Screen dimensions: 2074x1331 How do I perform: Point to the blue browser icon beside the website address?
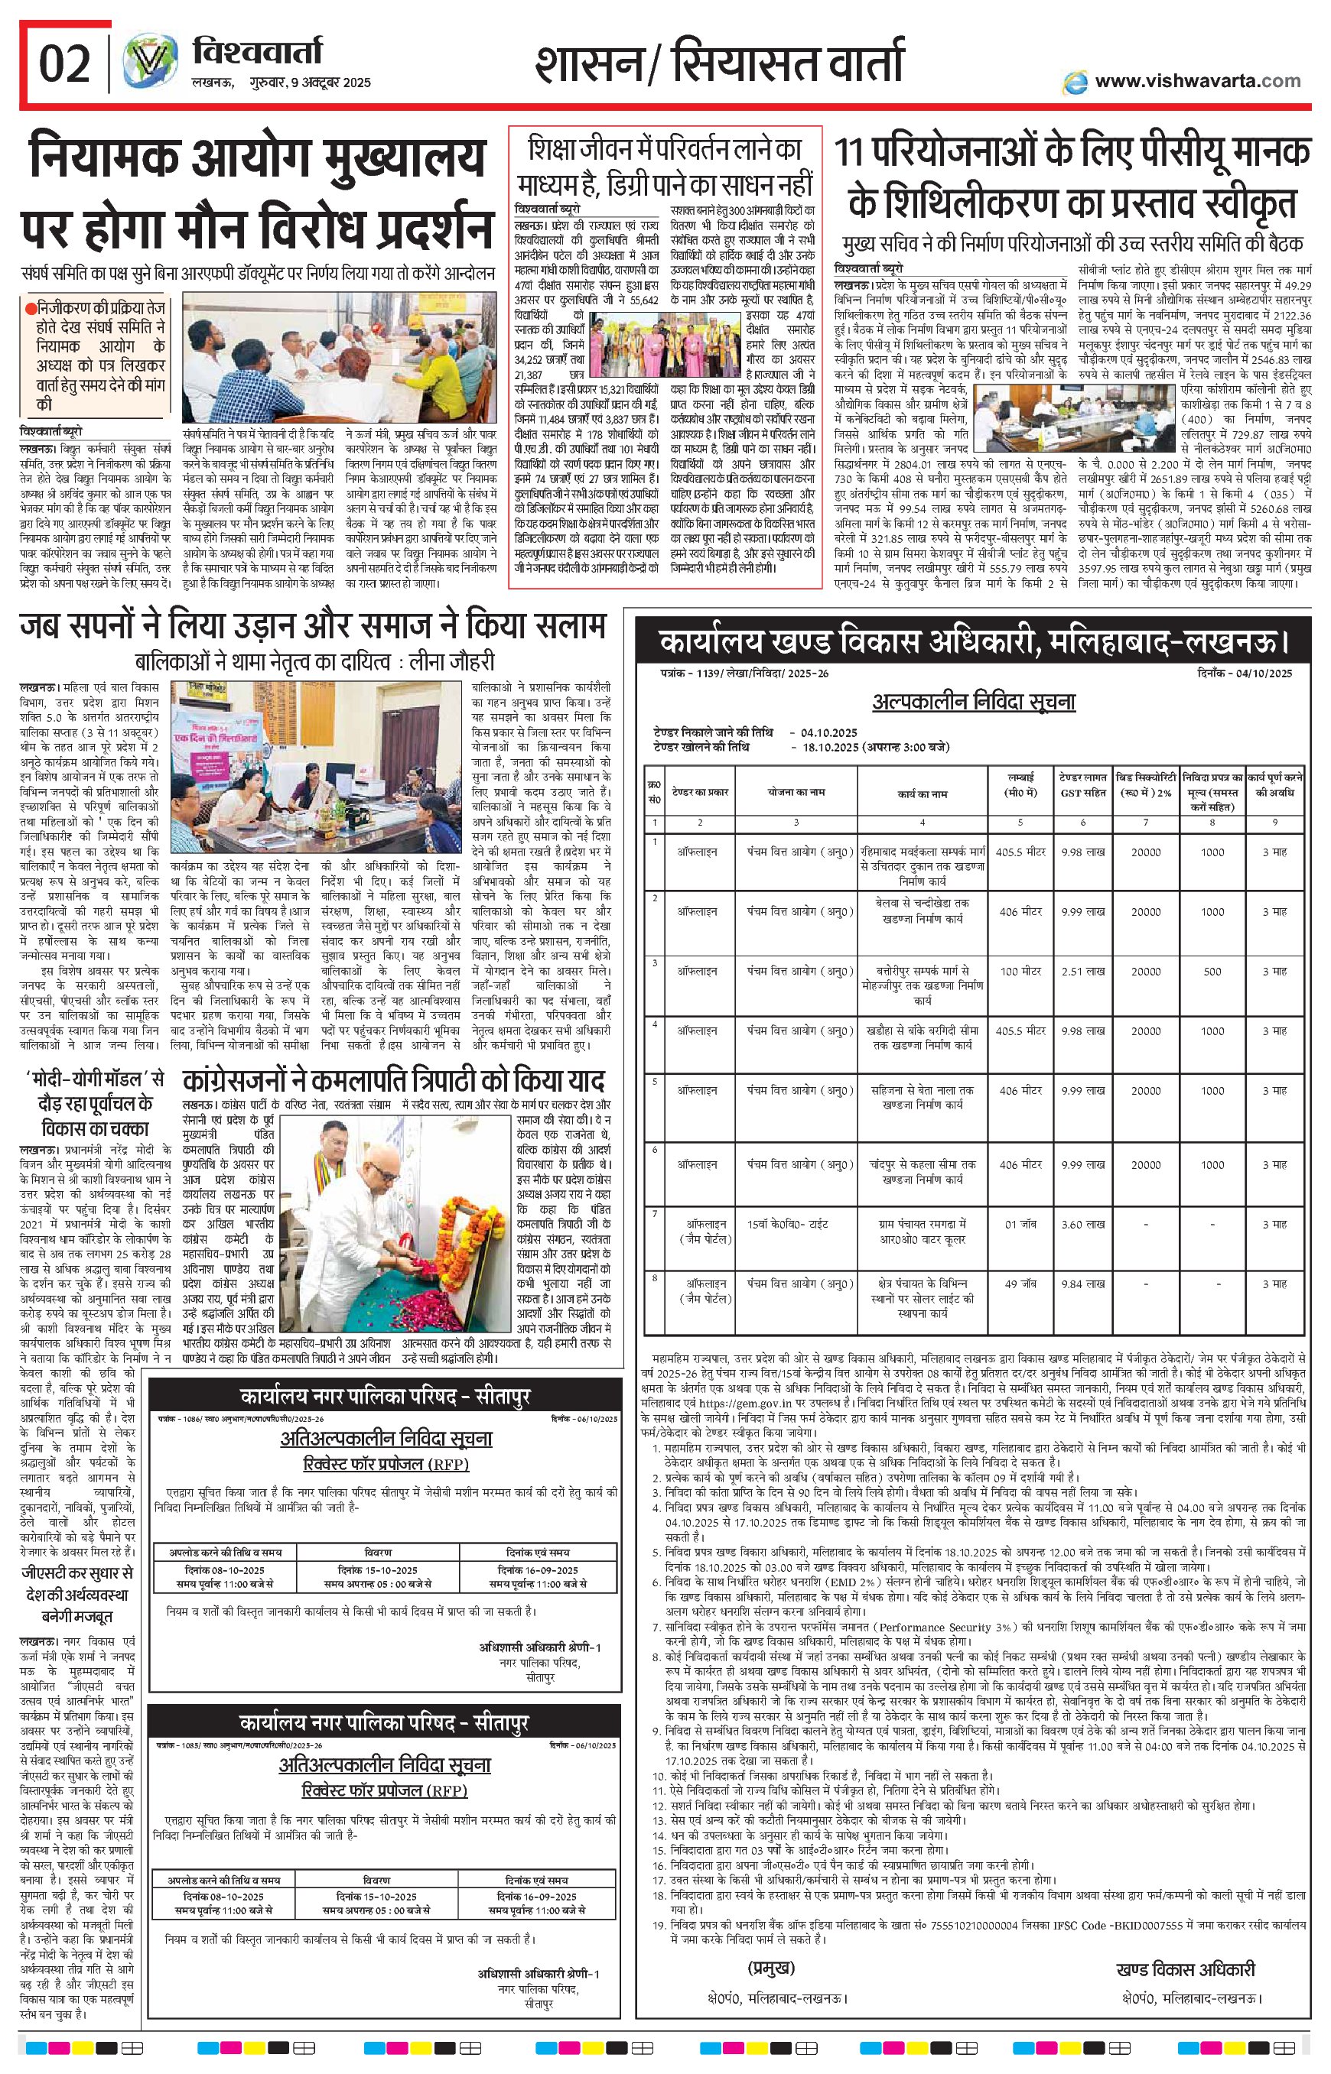click(1076, 81)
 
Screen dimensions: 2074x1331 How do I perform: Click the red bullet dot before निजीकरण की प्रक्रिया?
click(31, 306)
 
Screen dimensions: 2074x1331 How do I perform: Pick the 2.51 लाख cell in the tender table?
click(1083, 971)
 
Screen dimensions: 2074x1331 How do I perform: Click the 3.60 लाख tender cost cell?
click(1083, 1224)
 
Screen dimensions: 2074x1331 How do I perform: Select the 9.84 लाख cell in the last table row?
click(1083, 1284)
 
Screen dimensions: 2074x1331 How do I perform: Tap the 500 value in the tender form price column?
click(1212, 971)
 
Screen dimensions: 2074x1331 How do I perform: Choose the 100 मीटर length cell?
click(1020, 971)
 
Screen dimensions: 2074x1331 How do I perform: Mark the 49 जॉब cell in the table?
click(1020, 1284)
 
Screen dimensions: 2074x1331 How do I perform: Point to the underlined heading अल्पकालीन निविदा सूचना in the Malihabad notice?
click(973, 699)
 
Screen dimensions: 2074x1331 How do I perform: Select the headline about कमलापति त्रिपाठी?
click(394, 1081)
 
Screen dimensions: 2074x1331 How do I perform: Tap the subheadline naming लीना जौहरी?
click(314, 663)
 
